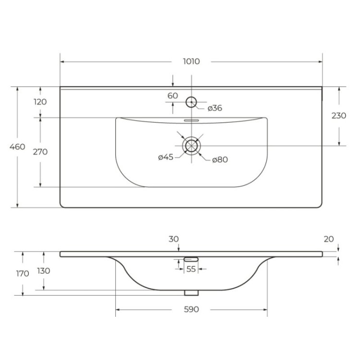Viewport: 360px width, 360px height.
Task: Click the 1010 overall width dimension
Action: [x=191, y=61]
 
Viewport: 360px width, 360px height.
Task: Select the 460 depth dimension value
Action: [x=17, y=147]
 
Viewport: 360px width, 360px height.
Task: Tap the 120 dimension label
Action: [x=40, y=101]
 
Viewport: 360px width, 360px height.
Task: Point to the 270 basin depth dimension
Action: [x=40, y=152]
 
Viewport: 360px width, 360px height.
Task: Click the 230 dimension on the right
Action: [x=339, y=116]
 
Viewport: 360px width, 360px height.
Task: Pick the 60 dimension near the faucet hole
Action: [x=173, y=96]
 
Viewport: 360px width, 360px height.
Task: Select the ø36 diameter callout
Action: [x=215, y=108]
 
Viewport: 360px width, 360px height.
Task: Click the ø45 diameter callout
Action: [x=166, y=157]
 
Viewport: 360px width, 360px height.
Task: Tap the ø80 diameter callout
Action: [x=219, y=159]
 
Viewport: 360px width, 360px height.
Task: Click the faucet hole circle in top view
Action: [x=191, y=102]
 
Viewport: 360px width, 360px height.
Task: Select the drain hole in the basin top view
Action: [x=192, y=145]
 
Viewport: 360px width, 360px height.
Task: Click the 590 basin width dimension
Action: [x=191, y=310]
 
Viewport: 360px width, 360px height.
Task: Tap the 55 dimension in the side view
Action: [x=191, y=269]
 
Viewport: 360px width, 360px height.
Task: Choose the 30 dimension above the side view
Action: [x=173, y=239]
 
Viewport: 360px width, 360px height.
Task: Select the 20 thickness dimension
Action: [x=329, y=239]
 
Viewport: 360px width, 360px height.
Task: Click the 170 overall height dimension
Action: [x=23, y=273]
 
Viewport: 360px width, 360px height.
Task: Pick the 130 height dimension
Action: [x=44, y=271]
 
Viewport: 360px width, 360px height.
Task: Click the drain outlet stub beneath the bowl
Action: [x=192, y=292]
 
